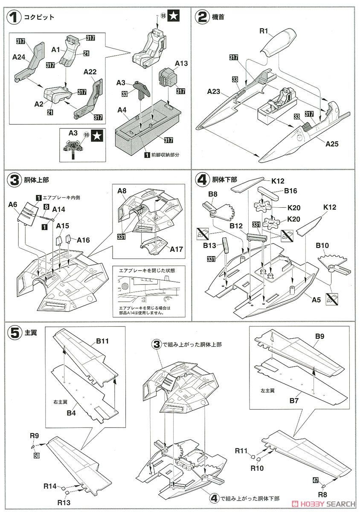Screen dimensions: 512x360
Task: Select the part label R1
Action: pyautogui.click(x=264, y=31)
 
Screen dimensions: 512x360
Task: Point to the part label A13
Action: pyautogui.click(x=181, y=64)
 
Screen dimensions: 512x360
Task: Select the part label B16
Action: pyautogui.click(x=290, y=191)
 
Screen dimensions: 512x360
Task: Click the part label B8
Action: pyautogui.click(x=213, y=195)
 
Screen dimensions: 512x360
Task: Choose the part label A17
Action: pyautogui.click(x=176, y=249)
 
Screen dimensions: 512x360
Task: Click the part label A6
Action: pyautogui.click(x=12, y=205)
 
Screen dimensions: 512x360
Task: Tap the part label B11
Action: pyautogui.click(x=103, y=341)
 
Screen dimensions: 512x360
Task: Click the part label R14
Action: pyautogui.click(x=49, y=486)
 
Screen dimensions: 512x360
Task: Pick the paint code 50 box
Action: pyautogui.click(x=37, y=445)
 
